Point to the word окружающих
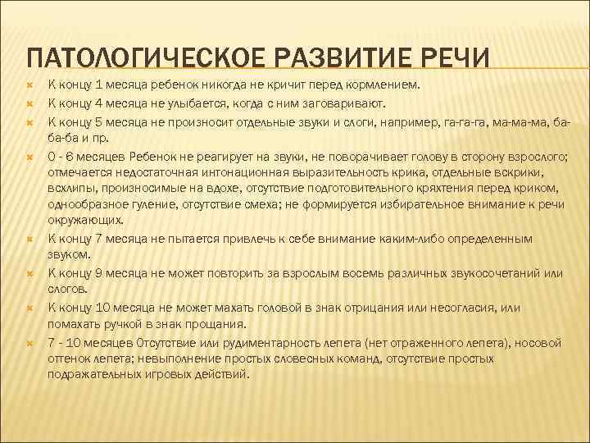tap(86, 221)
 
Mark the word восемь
tap(312, 272)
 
